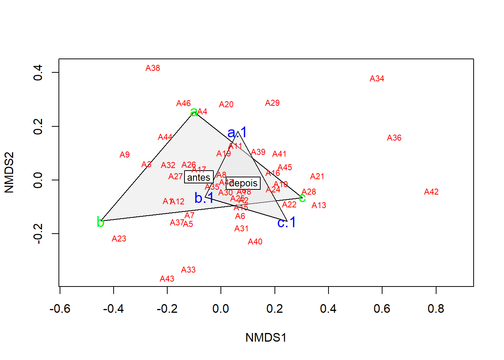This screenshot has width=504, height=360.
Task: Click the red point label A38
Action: (x=153, y=68)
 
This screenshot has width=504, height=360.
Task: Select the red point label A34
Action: (x=377, y=79)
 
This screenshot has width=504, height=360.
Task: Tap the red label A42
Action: (x=431, y=192)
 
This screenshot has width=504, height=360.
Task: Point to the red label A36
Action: (x=394, y=138)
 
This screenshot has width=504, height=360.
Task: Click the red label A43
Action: (x=167, y=279)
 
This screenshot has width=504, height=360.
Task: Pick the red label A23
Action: (x=119, y=239)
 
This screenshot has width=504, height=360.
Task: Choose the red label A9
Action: (x=124, y=155)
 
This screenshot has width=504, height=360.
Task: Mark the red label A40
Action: (x=255, y=242)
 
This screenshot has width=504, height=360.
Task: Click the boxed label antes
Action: (x=199, y=177)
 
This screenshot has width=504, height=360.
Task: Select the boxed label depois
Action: (x=243, y=183)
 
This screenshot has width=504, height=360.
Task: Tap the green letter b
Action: (x=100, y=222)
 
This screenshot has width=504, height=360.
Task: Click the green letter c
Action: (x=302, y=198)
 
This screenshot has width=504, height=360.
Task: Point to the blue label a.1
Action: (x=237, y=132)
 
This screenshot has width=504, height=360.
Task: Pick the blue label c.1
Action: (x=286, y=223)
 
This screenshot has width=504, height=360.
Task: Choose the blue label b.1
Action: (x=204, y=198)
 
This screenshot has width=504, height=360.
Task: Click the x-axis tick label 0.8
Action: (x=436, y=309)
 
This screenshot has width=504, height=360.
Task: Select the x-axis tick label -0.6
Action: (x=60, y=309)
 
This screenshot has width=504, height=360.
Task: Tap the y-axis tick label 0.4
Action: (x=38, y=72)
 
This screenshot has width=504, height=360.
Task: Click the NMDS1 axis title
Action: (x=266, y=337)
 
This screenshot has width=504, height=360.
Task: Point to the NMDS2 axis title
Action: (x=9, y=172)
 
